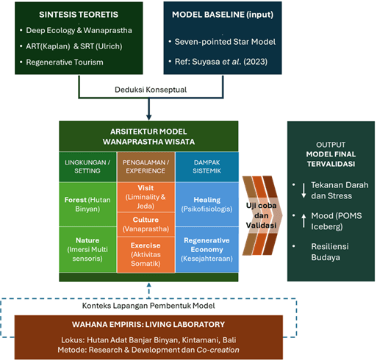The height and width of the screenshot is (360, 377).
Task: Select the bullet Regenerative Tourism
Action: (64, 62)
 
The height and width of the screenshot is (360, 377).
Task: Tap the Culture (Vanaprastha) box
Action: (146, 224)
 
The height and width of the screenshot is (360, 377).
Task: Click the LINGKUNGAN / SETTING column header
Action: (88, 167)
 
